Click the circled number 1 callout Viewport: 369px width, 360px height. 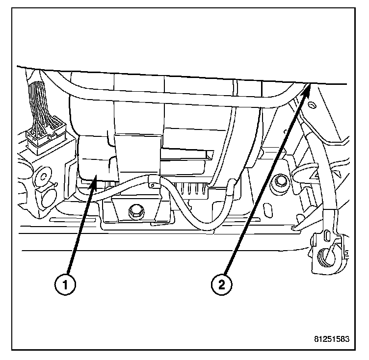[x=65, y=283]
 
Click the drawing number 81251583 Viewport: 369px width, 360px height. [x=336, y=338]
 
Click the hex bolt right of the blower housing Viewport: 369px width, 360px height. [x=282, y=181]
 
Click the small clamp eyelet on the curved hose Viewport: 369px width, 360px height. [x=151, y=185]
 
